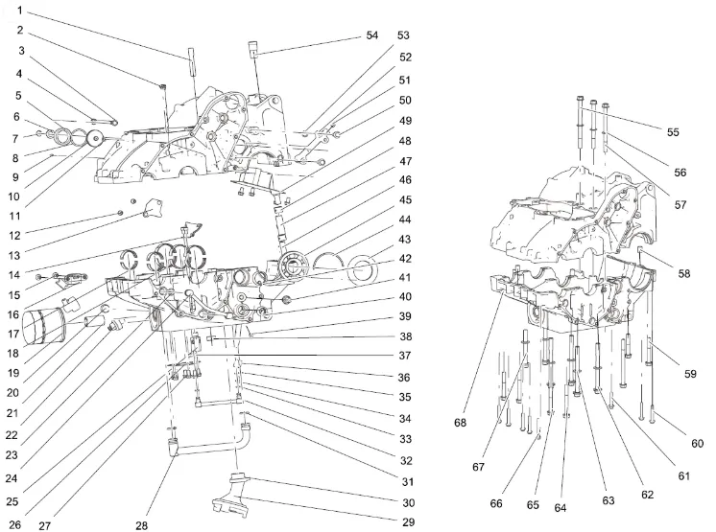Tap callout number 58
click(682, 273)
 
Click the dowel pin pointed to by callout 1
click(192, 59)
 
